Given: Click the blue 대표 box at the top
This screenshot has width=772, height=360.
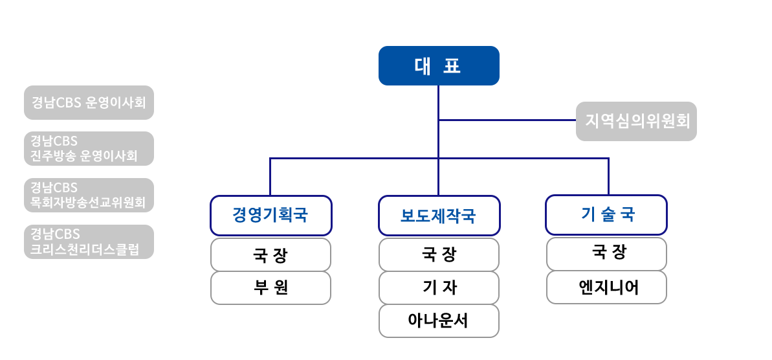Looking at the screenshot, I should point(439,65).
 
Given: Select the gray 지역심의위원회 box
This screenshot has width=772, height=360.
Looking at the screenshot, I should point(636,121).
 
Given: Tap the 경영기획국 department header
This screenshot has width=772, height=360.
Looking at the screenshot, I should point(270,215).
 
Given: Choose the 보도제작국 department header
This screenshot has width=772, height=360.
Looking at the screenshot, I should point(439,215).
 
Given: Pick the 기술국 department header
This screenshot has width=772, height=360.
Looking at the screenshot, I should point(606,215).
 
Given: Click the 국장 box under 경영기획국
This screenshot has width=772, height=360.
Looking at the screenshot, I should point(270,254).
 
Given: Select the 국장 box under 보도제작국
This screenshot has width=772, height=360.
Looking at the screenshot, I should point(439,254).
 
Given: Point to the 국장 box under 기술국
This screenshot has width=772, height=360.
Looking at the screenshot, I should point(606,254).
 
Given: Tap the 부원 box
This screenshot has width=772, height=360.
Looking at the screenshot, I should point(270,287).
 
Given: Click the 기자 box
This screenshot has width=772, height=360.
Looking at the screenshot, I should point(439,287).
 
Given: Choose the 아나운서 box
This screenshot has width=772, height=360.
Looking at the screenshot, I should point(439,321).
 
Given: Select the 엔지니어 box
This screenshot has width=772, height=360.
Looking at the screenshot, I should point(606,287).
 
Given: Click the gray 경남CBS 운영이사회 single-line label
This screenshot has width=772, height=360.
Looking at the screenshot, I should point(89,102).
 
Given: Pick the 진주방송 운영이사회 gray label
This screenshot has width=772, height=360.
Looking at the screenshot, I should point(89,149).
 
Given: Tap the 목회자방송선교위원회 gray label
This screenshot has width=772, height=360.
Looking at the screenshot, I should point(89,196).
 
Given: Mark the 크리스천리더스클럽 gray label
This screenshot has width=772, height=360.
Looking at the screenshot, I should point(89,242).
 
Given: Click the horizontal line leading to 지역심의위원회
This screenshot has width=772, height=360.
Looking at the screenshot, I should point(508,120).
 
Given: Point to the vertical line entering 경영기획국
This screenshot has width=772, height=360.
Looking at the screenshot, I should point(270,176).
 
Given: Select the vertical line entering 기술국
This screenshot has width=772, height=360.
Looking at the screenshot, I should point(608,176).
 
